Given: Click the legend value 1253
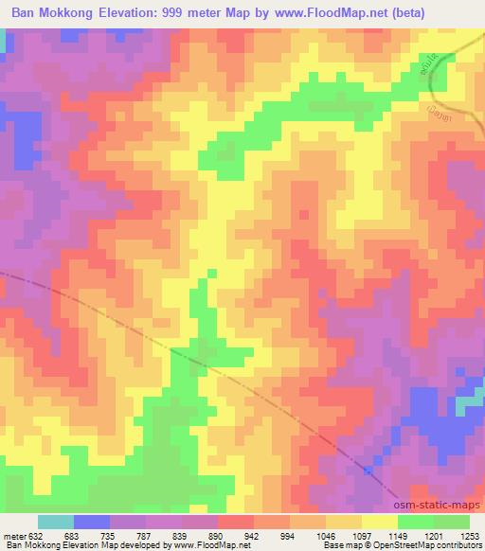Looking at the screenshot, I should coord(469,536).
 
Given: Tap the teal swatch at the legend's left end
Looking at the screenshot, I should coord(56,522).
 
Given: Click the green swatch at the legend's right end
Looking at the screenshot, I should coord(451,522).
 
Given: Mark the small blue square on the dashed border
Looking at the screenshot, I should coord(368,471).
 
